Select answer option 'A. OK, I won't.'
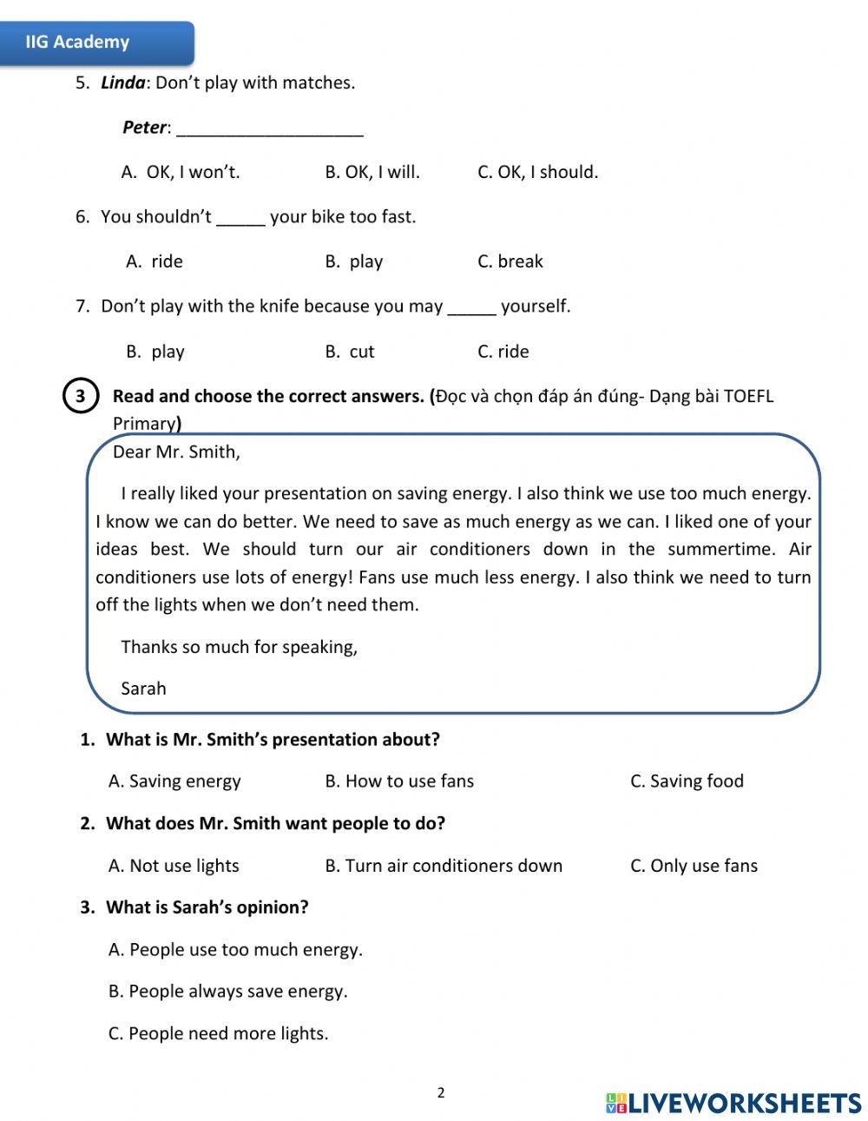click(181, 172)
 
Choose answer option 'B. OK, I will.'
click(372, 172)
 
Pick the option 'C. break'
click(510, 261)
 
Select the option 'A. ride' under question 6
click(155, 261)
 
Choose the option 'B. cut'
click(350, 352)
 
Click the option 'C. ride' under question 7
click(503, 352)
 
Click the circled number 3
click(80, 397)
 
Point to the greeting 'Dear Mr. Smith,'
click(176, 452)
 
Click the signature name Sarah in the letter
click(143, 689)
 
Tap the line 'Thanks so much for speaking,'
click(239, 647)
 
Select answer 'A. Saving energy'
click(174, 781)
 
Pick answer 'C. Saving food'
click(687, 781)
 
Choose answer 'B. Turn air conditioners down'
click(444, 866)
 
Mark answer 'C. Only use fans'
click(694, 866)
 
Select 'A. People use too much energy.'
click(235, 950)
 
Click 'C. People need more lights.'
click(218, 1033)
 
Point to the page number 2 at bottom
click(441, 1092)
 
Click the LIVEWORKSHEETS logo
click(733, 1103)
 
